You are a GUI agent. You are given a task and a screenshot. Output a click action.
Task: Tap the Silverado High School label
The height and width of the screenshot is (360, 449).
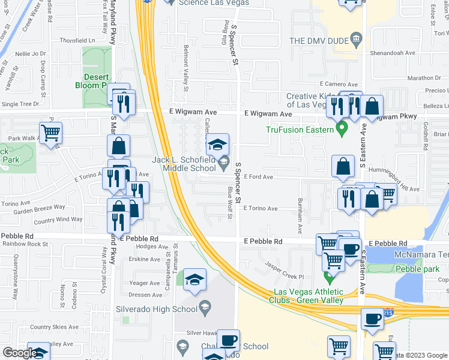coord(156,310)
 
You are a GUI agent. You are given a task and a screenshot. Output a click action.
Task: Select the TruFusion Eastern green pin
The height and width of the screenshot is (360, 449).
coord(342,128)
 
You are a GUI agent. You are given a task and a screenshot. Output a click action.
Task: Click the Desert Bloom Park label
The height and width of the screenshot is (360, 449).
coord(95,81)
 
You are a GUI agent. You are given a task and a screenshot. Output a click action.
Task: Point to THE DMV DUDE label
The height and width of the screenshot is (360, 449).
coord(319,41)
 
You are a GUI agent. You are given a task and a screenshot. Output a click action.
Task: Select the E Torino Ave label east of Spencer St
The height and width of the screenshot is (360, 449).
coord(261,209)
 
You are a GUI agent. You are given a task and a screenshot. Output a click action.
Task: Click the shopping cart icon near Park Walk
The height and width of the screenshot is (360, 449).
coord(51,132)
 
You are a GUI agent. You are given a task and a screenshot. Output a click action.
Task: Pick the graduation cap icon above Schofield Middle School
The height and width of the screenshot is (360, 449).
coord(217,143)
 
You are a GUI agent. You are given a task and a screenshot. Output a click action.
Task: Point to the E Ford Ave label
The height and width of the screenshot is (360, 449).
coord(259,177)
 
